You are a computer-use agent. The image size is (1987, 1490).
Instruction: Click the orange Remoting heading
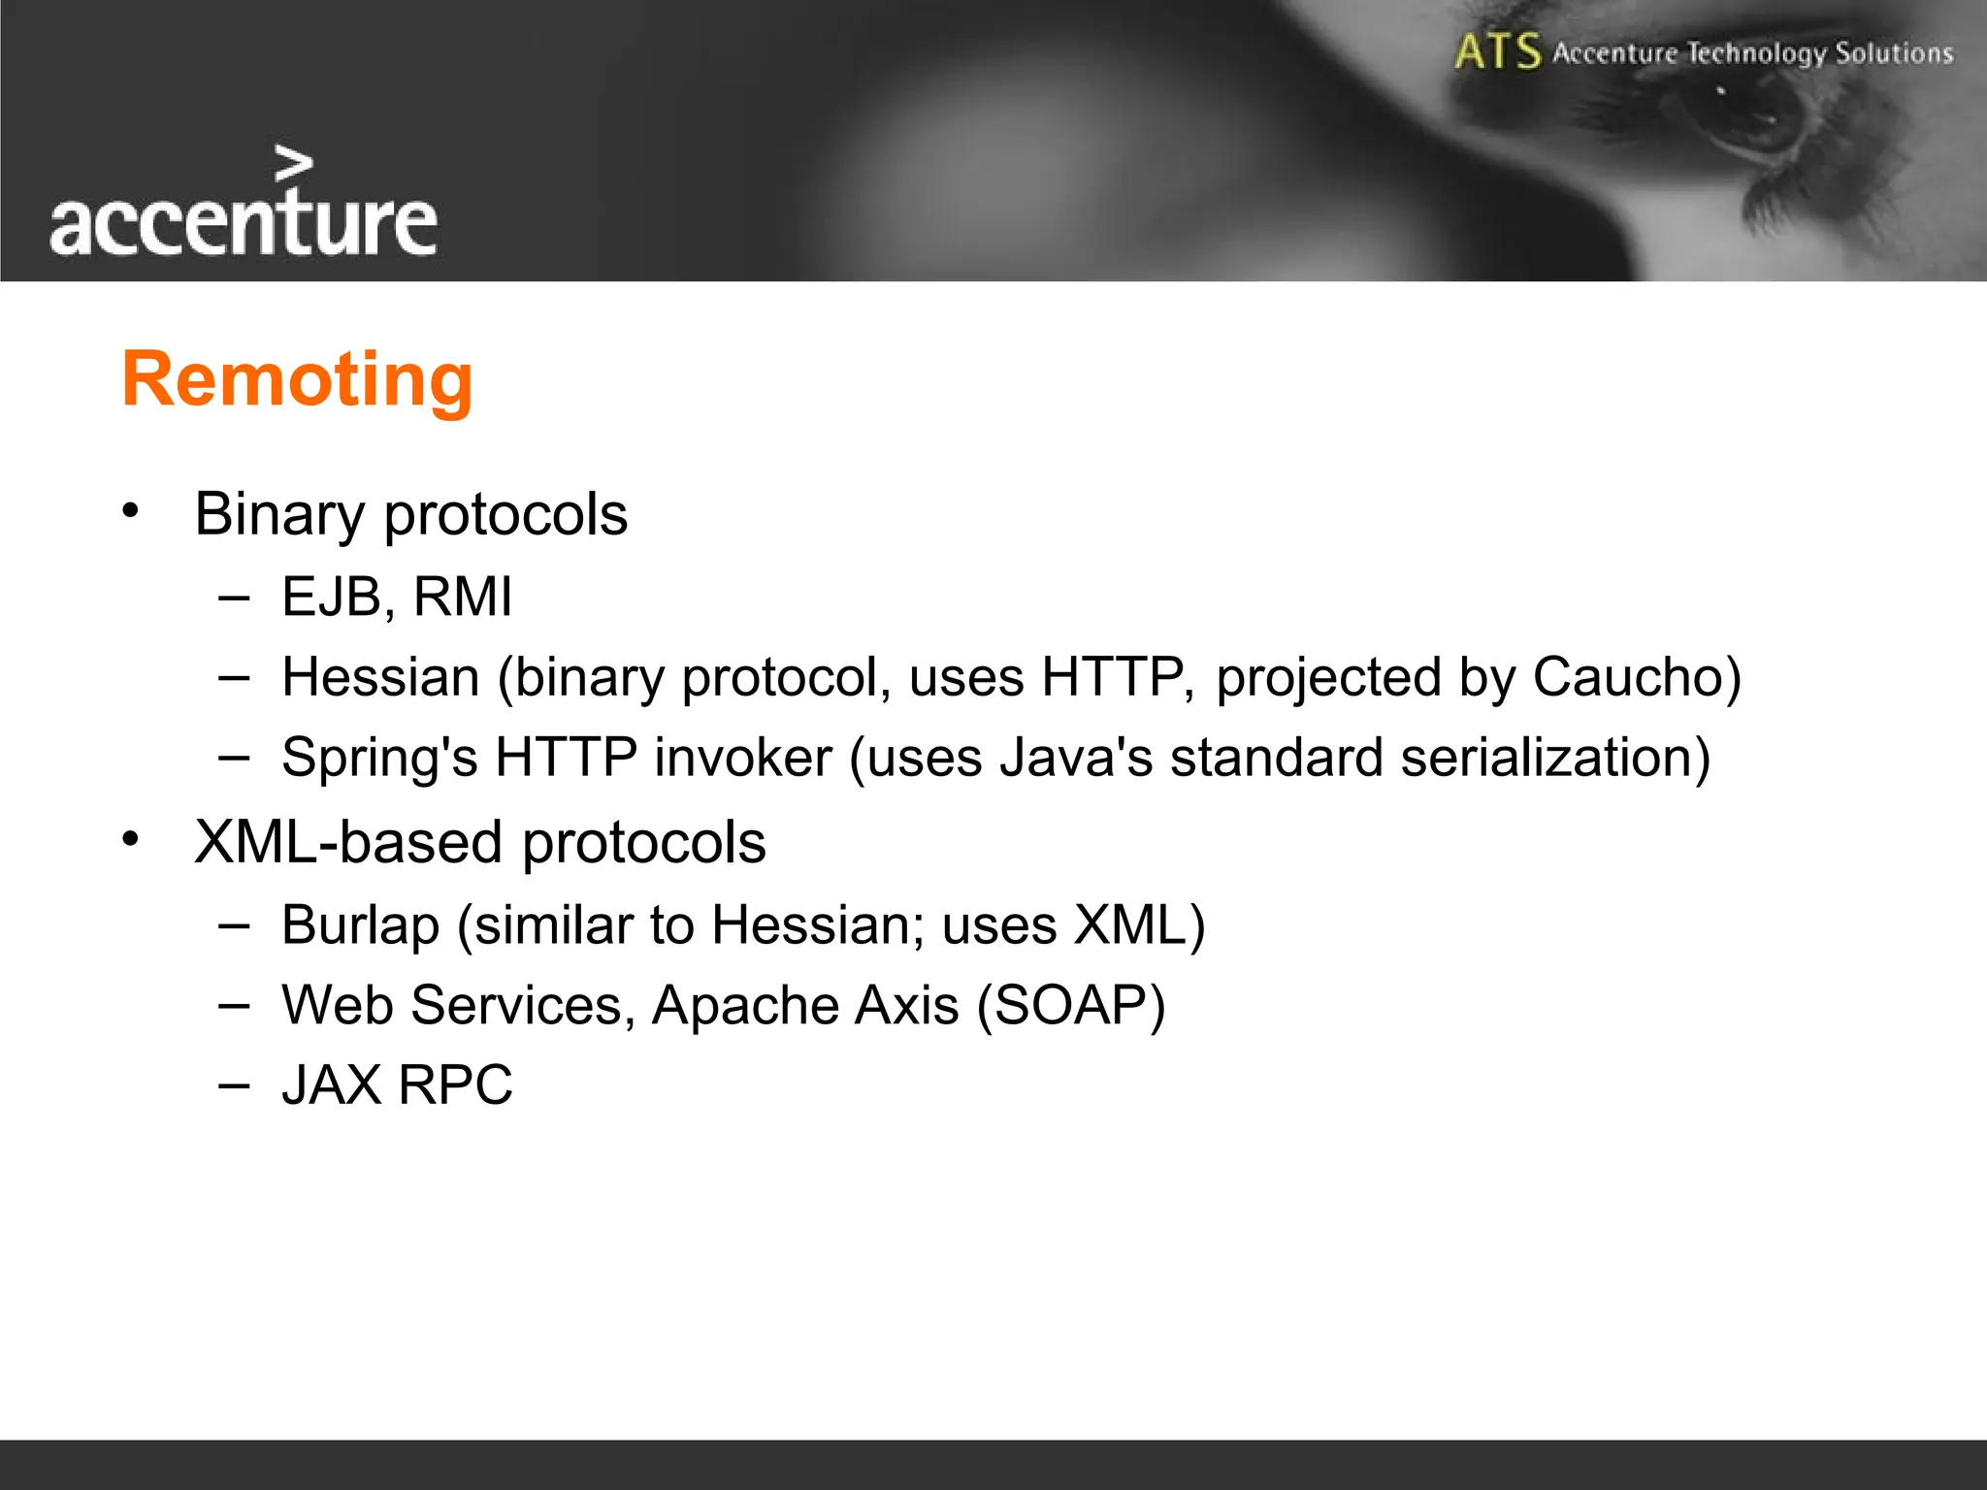pyautogui.click(x=297, y=379)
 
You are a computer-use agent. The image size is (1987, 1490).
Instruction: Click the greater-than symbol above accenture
pyautogui.click(x=293, y=164)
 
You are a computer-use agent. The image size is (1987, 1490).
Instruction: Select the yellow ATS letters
pyautogui.click(x=1497, y=51)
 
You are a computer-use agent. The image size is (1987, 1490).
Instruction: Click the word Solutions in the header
pyautogui.click(x=1894, y=52)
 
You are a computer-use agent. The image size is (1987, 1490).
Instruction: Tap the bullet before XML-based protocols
pyautogui.click(x=131, y=839)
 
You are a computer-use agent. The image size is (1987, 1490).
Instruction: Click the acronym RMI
pyautogui.click(x=463, y=597)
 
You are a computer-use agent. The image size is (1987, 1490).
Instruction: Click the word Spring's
pyautogui.click(x=379, y=758)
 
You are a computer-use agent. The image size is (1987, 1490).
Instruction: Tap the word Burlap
pyautogui.click(x=360, y=925)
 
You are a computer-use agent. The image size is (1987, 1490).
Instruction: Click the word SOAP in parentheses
pyautogui.click(x=1070, y=1005)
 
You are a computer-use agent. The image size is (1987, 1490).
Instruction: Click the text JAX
pyautogui.click(x=332, y=1085)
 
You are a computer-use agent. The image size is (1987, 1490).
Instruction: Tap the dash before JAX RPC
pyautogui.click(x=234, y=1085)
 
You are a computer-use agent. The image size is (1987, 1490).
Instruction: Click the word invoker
pyautogui.click(x=742, y=758)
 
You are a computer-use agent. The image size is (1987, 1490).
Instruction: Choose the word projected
pyautogui.click(x=1328, y=677)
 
